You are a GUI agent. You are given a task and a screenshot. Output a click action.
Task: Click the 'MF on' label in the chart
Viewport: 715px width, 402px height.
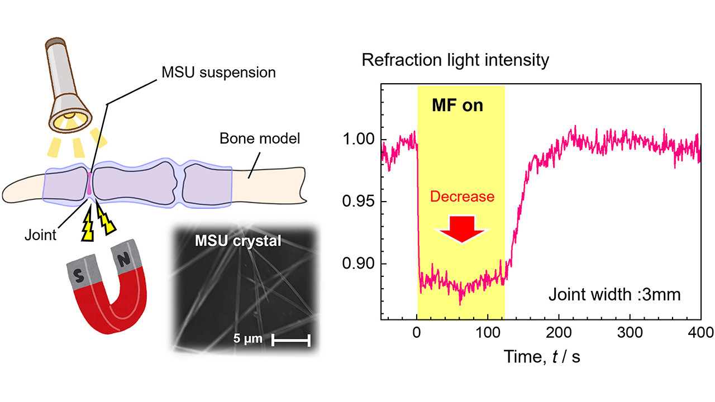click(457, 106)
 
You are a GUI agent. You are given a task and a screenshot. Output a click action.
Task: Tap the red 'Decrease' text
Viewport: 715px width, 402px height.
click(462, 197)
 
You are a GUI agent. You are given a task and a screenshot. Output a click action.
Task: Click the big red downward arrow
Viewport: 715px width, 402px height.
click(461, 229)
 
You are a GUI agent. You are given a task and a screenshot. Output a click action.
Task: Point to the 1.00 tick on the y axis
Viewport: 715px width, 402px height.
click(360, 140)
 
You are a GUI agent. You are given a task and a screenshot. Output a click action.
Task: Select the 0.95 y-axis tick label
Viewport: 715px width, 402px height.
click(360, 202)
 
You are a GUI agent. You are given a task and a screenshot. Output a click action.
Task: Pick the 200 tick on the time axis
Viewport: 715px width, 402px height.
click(559, 334)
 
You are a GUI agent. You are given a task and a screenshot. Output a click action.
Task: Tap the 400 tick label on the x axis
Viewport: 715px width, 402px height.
click(700, 334)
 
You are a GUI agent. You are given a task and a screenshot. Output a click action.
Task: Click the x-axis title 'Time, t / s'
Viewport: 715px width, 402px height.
click(541, 356)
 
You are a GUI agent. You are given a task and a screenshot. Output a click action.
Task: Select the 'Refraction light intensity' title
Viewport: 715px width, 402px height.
click(455, 60)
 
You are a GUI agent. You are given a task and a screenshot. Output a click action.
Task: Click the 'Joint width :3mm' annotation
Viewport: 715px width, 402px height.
click(614, 294)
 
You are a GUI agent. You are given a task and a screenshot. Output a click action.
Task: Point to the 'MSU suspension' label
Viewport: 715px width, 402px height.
click(218, 73)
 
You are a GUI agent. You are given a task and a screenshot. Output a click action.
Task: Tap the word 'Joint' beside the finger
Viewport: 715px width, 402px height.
click(40, 235)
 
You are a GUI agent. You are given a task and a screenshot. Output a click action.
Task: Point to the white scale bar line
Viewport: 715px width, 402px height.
click(290, 340)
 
